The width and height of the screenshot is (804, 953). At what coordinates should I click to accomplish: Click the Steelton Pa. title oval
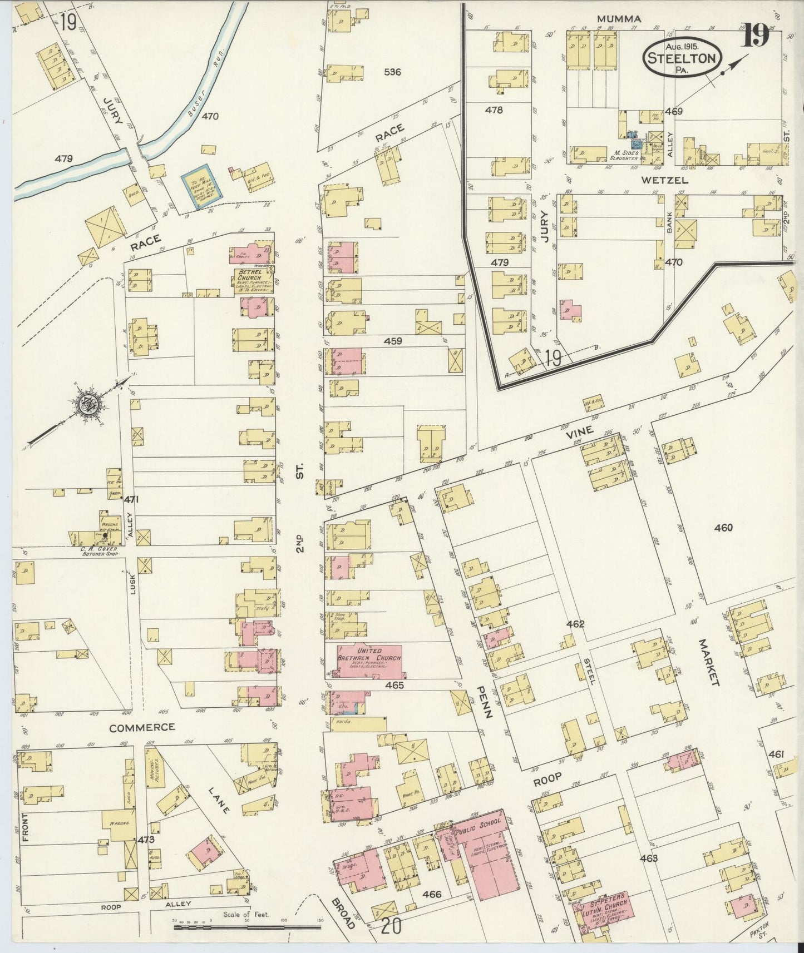pyautogui.click(x=683, y=57)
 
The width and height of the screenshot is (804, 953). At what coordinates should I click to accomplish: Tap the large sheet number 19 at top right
pyautogui.click(x=758, y=36)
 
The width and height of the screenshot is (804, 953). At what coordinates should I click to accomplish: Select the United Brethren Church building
pyautogui.click(x=368, y=661)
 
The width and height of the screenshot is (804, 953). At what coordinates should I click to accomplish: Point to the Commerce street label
pyautogui.click(x=142, y=727)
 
